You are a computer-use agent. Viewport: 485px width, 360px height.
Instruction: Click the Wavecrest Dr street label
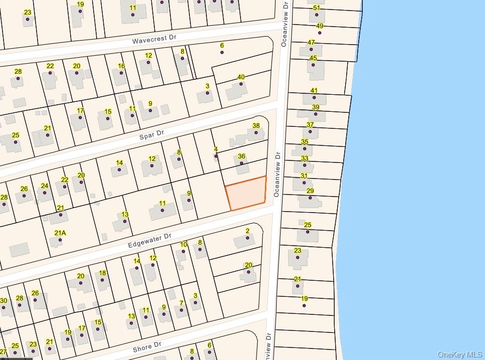[x=155, y=40]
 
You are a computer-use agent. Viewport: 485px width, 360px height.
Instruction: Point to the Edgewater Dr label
[x=149, y=240]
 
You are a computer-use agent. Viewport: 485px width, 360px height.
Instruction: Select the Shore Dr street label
[x=147, y=345]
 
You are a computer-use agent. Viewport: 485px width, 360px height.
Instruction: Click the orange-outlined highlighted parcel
[x=246, y=194]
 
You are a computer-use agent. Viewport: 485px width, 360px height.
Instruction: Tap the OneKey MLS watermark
[x=459, y=354]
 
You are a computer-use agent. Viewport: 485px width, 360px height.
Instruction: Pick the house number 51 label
[x=316, y=8]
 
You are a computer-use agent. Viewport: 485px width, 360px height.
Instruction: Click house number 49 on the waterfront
[x=320, y=26]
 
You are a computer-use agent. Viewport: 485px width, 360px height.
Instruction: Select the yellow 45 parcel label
[x=313, y=58]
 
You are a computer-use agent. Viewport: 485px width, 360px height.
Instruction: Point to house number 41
[x=314, y=91]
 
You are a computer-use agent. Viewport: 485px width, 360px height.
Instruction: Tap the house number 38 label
[x=256, y=126]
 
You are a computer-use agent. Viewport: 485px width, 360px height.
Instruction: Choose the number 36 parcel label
[x=241, y=156]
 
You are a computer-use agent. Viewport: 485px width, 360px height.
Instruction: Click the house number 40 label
[x=241, y=77]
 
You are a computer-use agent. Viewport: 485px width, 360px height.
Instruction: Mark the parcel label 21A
[x=60, y=233]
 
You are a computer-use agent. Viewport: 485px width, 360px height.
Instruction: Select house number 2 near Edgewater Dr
[x=248, y=231]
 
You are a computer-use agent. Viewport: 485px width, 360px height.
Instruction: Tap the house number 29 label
[x=310, y=191]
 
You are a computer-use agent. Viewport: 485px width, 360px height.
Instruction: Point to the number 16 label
[x=121, y=66]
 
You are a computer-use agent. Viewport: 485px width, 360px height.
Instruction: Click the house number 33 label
[x=305, y=158]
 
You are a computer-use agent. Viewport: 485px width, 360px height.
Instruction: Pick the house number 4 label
[x=216, y=149]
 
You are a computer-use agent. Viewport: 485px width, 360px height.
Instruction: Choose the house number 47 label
[x=311, y=43]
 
